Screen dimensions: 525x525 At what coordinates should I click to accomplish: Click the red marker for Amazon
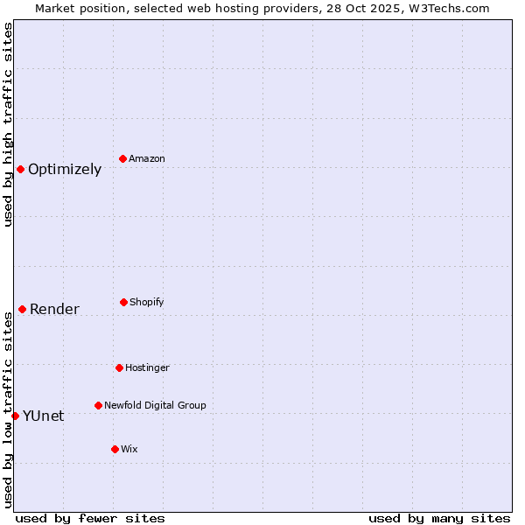[122, 158]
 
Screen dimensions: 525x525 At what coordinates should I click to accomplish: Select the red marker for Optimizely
[20, 169]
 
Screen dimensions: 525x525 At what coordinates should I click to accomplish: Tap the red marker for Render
[22, 309]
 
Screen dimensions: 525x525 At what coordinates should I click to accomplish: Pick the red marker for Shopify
[123, 302]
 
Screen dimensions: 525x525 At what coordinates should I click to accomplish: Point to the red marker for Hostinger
[119, 367]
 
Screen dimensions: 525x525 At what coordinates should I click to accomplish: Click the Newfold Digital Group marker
[98, 405]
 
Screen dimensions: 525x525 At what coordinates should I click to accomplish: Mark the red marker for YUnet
[15, 416]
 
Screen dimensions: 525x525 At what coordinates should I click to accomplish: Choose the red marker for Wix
[115, 449]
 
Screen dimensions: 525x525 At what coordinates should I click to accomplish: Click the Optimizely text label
[65, 170]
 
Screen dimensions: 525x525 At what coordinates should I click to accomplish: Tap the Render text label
[54, 309]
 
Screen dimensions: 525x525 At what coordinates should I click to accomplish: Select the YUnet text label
[43, 416]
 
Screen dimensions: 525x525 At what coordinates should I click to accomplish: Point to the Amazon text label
[147, 159]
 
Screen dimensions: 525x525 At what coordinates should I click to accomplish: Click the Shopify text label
[147, 303]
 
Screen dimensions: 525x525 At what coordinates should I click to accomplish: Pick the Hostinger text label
[147, 368]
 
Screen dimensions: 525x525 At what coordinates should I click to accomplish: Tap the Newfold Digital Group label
[155, 406]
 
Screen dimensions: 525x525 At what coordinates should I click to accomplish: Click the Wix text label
[129, 450]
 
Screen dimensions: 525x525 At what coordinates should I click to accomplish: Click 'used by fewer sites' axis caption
[90, 518]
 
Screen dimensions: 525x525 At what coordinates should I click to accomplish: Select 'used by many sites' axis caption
[439, 518]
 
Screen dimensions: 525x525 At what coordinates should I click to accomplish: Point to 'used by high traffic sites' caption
[8, 124]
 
